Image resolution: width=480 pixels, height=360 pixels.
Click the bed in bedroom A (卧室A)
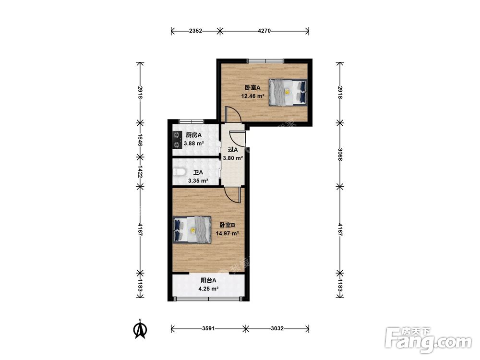pyautogui.click(x=288, y=93)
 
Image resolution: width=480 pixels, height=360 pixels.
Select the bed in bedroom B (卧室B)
pyautogui.click(x=192, y=229)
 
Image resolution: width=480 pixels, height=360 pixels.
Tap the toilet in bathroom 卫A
pyautogui.click(x=179, y=172)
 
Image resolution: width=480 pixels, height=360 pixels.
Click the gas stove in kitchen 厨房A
pyautogui.click(x=176, y=140)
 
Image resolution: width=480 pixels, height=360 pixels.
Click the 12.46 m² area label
pyautogui.click(x=252, y=96)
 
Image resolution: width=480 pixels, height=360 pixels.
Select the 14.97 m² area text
pyautogui.click(x=227, y=233)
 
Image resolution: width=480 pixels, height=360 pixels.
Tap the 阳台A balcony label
pyautogui.click(x=208, y=280)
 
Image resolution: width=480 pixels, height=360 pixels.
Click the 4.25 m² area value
pyautogui.click(x=208, y=288)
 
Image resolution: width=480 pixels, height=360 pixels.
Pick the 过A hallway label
pyautogui.click(x=233, y=150)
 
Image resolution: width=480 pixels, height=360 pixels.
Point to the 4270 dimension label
pyautogui.click(x=264, y=31)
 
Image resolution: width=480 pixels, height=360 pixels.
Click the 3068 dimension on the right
pyautogui.click(x=340, y=154)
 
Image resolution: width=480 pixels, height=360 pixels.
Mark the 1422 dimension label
pyautogui.click(x=140, y=172)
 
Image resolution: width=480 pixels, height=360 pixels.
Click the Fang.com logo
pyautogui.click(x=428, y=340)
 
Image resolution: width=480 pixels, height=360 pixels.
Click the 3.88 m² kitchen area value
pyautogui.click(x=194, y=143)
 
